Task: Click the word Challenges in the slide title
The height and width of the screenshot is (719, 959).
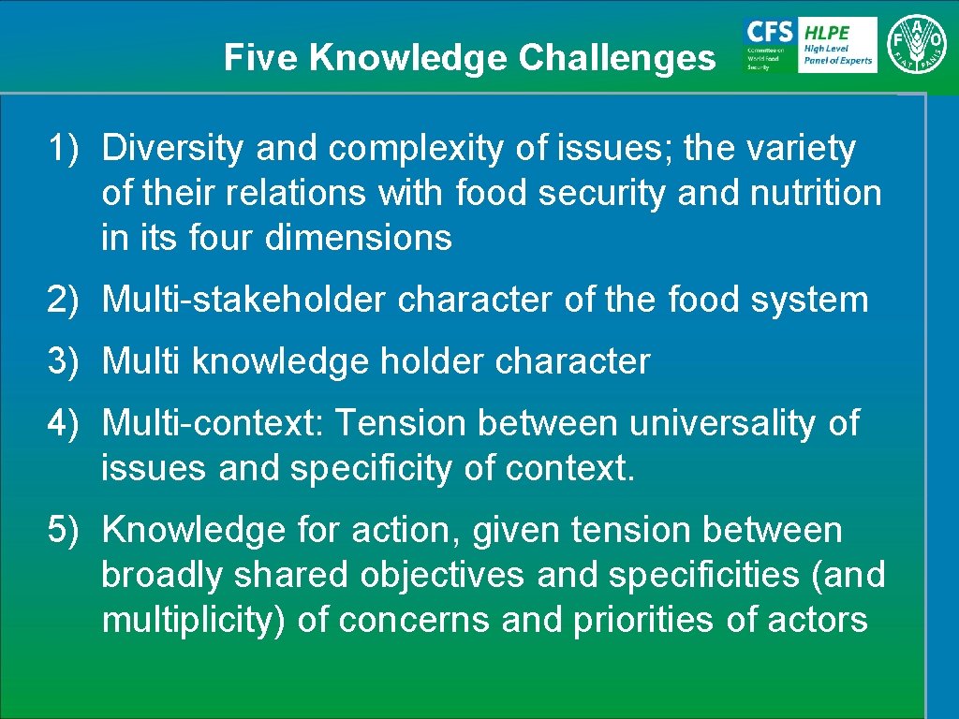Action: point(616,58)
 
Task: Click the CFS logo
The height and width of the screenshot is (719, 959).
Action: point(769,44)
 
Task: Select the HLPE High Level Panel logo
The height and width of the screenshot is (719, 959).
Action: point(837,44)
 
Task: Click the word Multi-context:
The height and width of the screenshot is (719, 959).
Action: point(213,423)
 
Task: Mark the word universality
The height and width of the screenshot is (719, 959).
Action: point(722,423)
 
